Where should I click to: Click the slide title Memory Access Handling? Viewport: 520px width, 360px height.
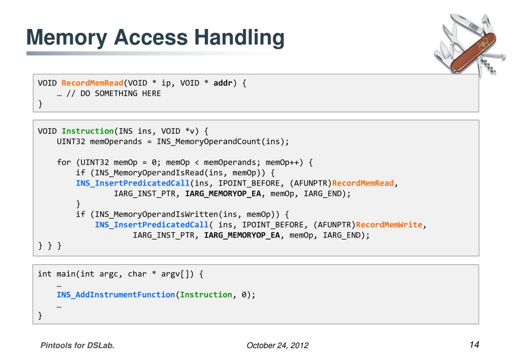coord(155,38)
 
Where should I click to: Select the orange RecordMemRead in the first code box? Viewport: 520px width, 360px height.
coord(93,83)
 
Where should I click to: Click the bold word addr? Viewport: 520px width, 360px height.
coord(223,83)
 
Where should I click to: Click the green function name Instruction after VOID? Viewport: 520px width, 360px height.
coord(87,131)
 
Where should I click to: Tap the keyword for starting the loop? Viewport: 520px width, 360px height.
coord(64,162)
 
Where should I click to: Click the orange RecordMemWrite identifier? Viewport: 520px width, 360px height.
coord(389,225)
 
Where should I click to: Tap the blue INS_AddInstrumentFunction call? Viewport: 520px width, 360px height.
coord(116,295)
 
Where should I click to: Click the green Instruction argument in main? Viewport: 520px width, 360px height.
coord(206,295)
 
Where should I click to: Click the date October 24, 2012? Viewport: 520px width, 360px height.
coord(277,346)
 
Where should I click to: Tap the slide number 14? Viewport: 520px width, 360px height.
coord(474,345)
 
